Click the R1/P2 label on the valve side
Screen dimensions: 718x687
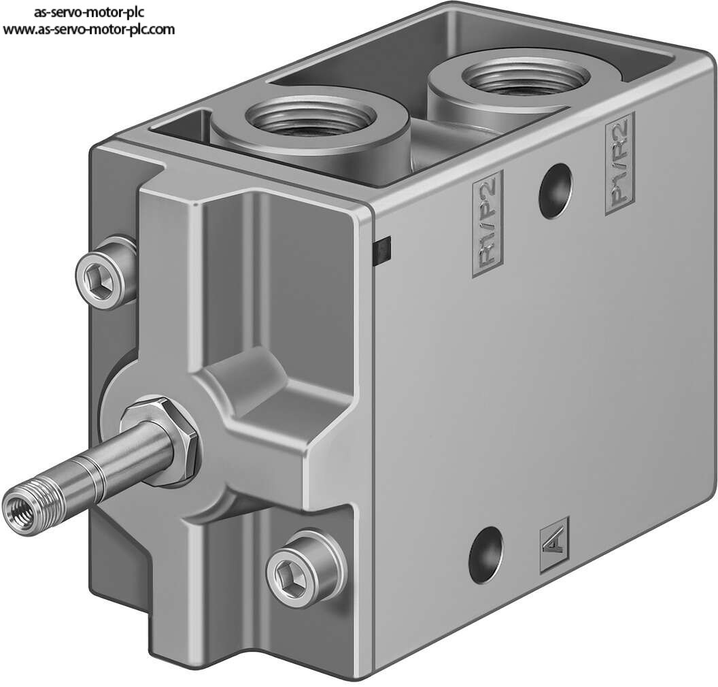pos(488,224)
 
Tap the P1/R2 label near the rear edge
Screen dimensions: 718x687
pos(620,163)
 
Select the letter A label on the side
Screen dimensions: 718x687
pos(555,545)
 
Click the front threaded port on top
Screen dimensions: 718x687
pos(311,117)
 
